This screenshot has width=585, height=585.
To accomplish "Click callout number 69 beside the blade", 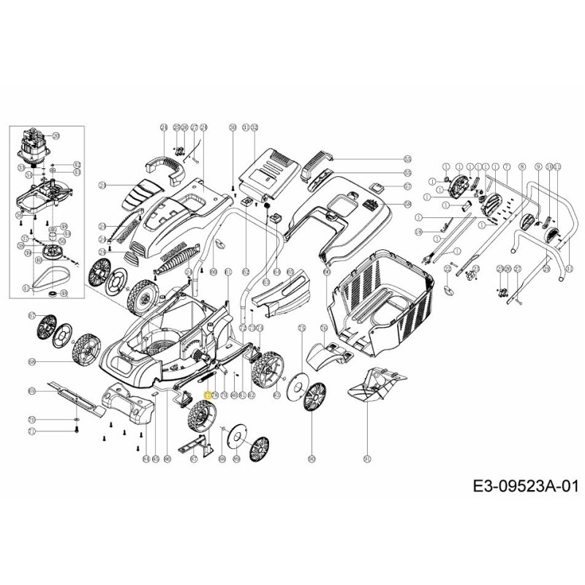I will coord(31,393).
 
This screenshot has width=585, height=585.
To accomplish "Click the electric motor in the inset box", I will coord(34,146).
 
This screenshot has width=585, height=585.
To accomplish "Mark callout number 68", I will coord(31,362).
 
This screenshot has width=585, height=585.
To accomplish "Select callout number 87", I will coord(31,315).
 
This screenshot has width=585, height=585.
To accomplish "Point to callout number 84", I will coord(146,458).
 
